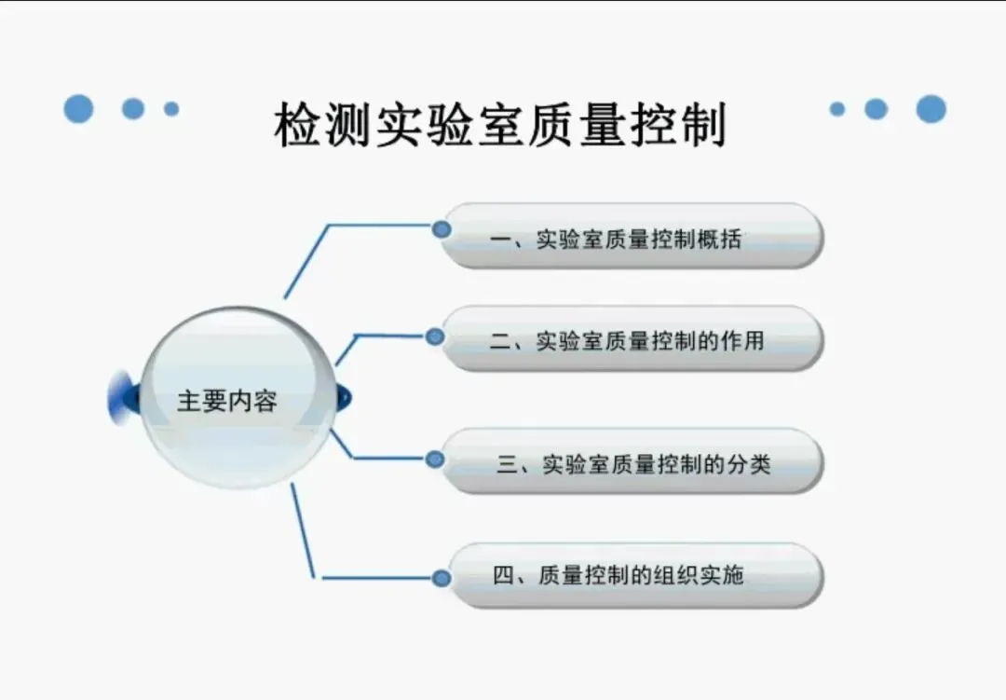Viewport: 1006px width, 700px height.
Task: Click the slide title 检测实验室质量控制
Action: (500, 125)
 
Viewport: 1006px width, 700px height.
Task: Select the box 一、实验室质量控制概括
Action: (632, 237)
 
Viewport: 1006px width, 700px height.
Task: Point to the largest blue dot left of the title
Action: (79, 108)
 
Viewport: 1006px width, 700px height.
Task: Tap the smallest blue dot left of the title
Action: (171, 109)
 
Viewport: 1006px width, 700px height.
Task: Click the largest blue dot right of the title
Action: (931, 109)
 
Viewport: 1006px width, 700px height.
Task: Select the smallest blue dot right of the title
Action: (836, 109)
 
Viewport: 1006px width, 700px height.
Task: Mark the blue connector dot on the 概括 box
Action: (442, 228)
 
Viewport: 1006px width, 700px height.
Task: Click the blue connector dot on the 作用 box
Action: (435, 336)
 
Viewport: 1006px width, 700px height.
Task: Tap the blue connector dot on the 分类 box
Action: (435, 459)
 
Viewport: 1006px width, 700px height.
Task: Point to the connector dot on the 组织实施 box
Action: (442, 578)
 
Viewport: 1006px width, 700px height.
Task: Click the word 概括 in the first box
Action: (722, 239)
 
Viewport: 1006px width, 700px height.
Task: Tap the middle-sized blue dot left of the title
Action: (133, 108)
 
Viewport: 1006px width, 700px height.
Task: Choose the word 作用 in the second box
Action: (743, 340)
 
